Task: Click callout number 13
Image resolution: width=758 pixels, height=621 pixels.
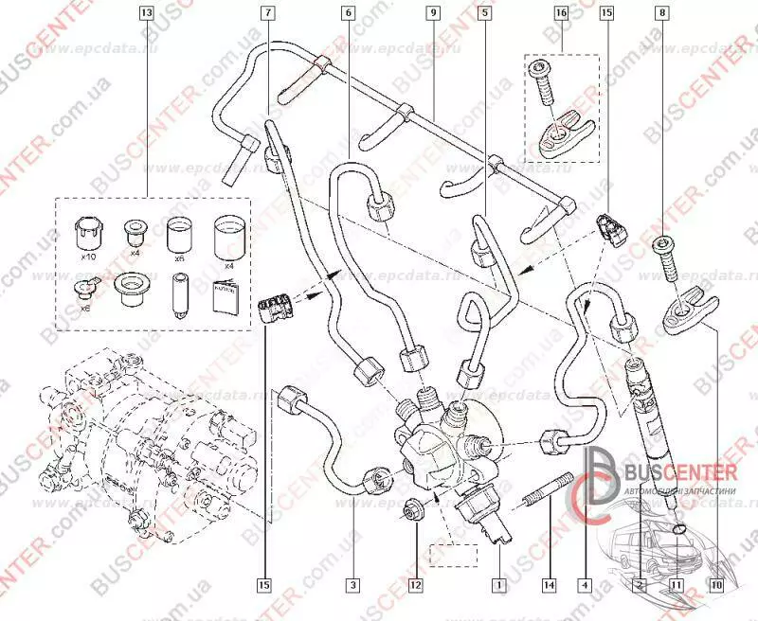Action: (145, 14)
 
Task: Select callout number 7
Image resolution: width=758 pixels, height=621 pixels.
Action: (269, 14)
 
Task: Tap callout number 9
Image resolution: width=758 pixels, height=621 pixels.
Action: (432, 14)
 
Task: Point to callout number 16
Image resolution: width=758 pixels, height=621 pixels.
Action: (561, 14)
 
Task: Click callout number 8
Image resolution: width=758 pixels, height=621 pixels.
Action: (662, 14)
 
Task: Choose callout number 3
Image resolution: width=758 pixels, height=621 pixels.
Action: (352, 585)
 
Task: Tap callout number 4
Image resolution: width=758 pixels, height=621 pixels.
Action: (586, 585)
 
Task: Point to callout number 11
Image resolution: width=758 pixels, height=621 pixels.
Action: (676, 585)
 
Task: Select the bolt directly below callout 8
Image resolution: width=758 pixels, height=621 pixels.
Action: (663, 258)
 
